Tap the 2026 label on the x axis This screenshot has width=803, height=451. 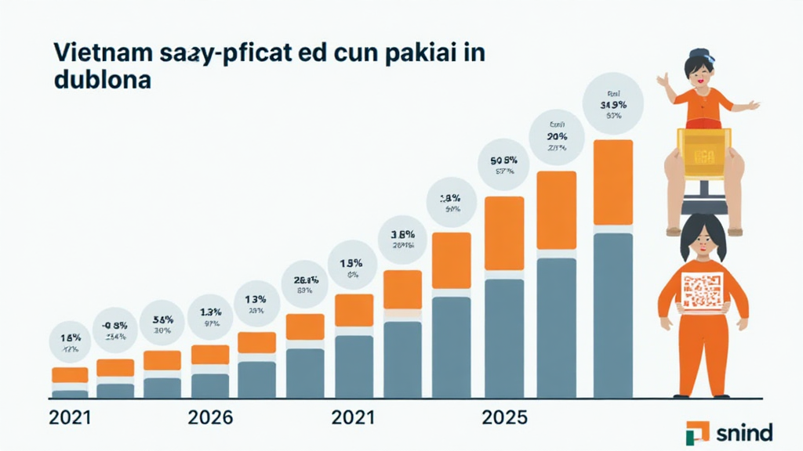click(210, 417)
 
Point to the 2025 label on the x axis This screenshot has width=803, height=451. click(504, 417)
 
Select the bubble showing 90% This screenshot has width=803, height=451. click(558, 135)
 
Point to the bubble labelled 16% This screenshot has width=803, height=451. click(70, 342)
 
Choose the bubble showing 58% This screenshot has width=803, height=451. click(162, 323)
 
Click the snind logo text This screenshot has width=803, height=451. click(743, 431)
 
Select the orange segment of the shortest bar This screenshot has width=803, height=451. click(70, 374)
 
